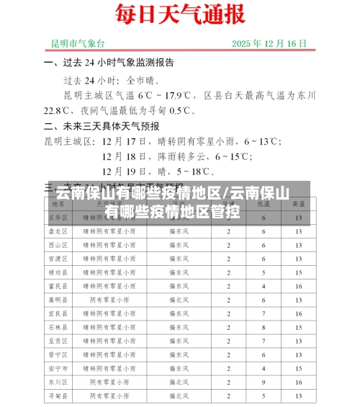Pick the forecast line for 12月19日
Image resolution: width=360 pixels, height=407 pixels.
pos(158,171)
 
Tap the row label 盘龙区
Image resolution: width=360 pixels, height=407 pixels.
pos(57,231)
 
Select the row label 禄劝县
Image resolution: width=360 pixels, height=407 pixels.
pos(57,272)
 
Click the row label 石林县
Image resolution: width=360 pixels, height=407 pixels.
pos(57,327)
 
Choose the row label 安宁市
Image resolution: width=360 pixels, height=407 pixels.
pos(57,368)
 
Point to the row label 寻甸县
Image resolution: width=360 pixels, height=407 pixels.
pos(57,395)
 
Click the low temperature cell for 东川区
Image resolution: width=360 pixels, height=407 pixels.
pos(264,382)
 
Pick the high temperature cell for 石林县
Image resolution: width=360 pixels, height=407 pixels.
pos(298,327)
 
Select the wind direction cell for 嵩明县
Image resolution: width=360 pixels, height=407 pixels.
pos(179,300)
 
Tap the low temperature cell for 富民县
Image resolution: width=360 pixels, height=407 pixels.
pos(264,286)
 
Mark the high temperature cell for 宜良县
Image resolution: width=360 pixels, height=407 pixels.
pos(298,313)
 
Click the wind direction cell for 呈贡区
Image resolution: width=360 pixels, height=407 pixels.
pos(179,341)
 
